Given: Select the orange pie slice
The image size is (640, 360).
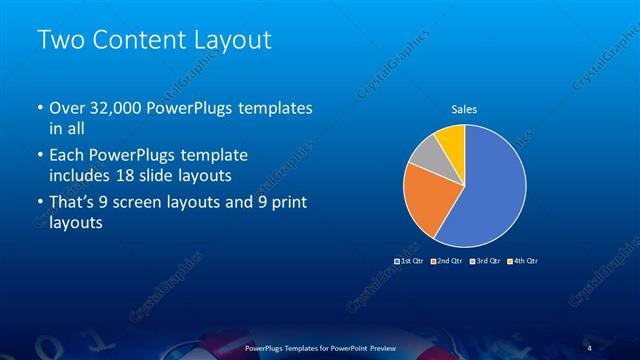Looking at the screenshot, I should pos(425,198).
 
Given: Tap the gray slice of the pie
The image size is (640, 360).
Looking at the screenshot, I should pos(426,154).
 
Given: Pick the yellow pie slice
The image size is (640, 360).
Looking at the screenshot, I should pos(452,139).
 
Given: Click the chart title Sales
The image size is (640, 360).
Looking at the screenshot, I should pos(464,111).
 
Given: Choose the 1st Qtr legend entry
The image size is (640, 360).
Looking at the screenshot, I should pos(410,261).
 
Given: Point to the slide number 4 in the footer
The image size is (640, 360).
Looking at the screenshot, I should pos(590,348).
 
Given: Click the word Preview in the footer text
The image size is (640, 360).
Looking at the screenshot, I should pos(385,348).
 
